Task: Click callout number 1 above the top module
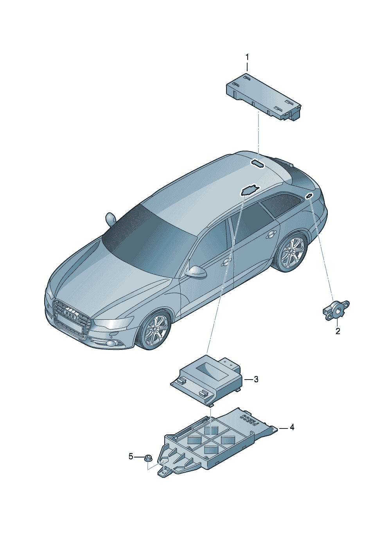(247, 58)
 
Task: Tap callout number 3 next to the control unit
(256, 380)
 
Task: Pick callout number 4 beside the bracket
(292, 427)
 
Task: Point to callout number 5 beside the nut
(131, 456)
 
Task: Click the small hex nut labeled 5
(148, 457)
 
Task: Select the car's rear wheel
(293, 252)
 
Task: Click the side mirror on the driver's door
(195, 272)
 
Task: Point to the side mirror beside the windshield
(110, 218)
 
